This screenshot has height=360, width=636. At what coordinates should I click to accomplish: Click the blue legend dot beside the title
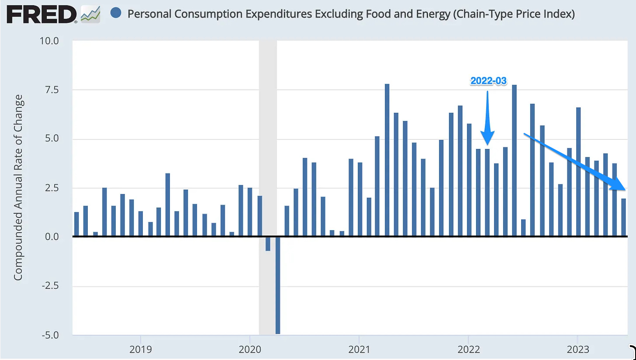pyautogui.click(x=116, y=14)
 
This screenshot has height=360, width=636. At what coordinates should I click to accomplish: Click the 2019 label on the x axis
pyautogui.click(x=140, y=350)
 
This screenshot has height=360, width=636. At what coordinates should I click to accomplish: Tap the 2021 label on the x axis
pyautogui.click(x=359, y=350)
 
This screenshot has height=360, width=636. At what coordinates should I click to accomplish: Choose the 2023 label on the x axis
pyautogui.click(x=577, y=350)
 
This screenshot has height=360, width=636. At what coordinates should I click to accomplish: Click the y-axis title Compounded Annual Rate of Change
pyautogui.click(x=18, y=188)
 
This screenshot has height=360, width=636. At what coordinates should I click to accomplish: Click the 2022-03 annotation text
pyautogui.click(x=488, y=81)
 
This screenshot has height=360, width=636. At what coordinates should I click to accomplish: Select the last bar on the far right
pyautogui.click(x=623, y=218)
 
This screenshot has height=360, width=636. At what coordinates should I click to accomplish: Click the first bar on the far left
pyautogui.click(x=76, y=224)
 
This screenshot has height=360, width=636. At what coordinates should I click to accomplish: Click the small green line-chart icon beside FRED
pyautogui.click(x=90, y=14)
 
